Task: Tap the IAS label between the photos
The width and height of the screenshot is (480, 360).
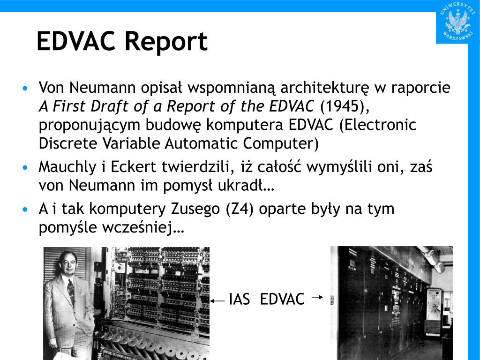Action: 240,299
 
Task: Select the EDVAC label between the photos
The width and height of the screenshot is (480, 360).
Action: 282,299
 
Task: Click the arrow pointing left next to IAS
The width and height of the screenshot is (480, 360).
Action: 217,301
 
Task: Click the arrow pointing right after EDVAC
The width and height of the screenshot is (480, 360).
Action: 317,296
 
